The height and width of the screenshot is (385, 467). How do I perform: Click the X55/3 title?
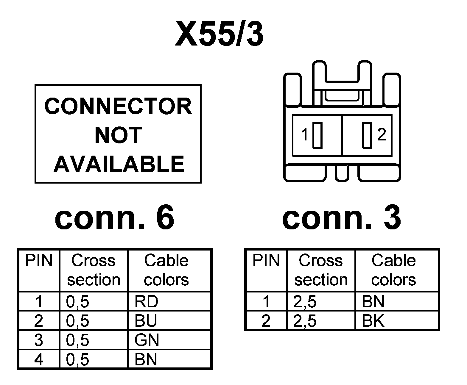219,34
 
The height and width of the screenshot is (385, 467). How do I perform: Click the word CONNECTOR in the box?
118,107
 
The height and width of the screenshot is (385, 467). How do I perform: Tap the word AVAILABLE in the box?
119,164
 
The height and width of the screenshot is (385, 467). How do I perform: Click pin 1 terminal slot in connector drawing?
317,135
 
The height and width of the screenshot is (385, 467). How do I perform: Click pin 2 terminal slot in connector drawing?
367,135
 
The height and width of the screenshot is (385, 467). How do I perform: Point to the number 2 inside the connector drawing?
382,135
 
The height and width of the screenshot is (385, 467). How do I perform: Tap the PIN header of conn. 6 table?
39,261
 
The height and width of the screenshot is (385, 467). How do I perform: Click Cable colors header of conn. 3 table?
393,270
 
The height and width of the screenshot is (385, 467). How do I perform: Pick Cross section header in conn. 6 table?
94,270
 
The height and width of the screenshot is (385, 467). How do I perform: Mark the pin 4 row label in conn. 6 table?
39,359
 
